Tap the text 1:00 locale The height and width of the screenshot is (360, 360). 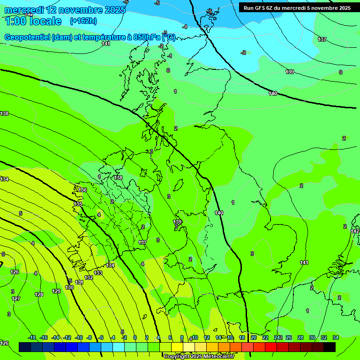[33, 21]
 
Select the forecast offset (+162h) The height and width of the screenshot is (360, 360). [83, 21]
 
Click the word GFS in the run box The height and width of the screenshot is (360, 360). [263, 7]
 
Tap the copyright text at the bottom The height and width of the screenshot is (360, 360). [198, 357]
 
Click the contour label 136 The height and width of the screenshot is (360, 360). [82, 190]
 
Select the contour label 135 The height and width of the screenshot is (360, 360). [78, 204]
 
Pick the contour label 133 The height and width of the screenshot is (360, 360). [98, 273]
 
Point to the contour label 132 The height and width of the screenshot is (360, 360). [89, 277]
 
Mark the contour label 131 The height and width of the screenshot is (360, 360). [79, 282]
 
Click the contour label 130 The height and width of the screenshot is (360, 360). [69, 287]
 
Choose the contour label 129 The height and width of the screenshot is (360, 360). [56, 291]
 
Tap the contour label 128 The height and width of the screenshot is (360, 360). [39, 294]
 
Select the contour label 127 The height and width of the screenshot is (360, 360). [16, 299]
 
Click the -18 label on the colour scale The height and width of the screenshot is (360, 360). [32, 337]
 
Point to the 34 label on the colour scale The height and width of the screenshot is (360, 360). [336, 337]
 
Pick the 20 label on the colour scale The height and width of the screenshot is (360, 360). [253, 337]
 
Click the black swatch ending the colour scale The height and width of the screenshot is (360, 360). [329, 347]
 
